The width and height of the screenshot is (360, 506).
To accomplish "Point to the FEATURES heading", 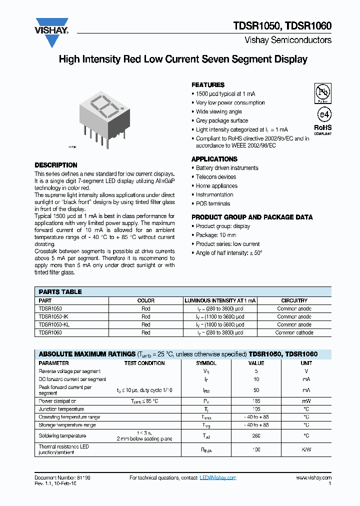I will pos(208,85).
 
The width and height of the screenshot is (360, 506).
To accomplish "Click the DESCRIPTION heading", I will pos(55,165).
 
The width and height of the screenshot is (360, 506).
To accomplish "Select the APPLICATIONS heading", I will pos(214,159).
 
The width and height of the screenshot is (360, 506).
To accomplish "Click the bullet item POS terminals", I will pos(213,204).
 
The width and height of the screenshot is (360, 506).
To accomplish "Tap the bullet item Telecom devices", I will pos(216,177).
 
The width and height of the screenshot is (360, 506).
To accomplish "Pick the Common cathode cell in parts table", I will pos(294,332).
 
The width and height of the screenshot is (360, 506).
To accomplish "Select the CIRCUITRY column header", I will pos(294,300).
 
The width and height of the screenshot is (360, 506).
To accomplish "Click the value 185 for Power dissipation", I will pos(256,401).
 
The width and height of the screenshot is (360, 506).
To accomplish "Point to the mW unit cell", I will pos(306,401).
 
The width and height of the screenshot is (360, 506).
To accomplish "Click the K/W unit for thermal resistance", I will pos(306,449).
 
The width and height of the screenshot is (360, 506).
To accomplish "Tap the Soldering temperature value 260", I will pos(256,435).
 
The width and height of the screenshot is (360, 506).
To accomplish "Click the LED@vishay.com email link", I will pos(218,478).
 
